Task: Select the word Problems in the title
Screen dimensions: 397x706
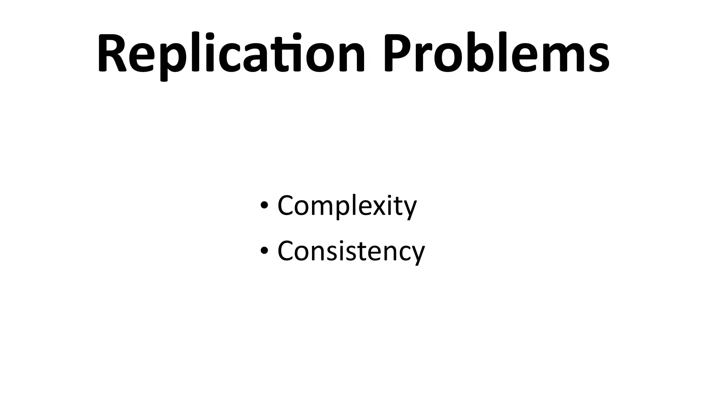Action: pos(496,53)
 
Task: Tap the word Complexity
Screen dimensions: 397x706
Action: pos(347,206)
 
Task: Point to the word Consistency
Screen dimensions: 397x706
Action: pos(351,251)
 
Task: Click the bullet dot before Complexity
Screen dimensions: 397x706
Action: pos(264,206)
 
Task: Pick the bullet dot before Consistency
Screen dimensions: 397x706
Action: pos(264,251)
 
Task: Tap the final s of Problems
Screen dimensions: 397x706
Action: pos(596,57)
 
